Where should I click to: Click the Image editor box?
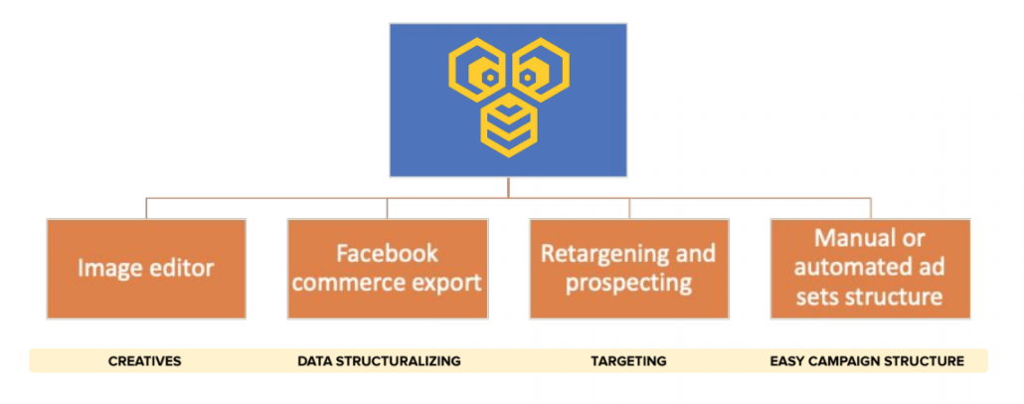point(146,269)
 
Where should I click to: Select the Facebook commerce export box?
point(388,269)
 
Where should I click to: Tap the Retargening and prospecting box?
point(629,269)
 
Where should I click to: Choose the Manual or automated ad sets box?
point(871,269)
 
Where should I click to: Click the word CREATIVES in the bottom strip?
point(145,361)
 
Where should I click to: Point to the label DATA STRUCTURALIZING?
point(380,361)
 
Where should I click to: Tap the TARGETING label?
point(629,361)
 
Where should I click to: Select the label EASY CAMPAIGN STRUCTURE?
point(867,361)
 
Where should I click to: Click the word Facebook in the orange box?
point(388,254)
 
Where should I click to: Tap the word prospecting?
point(629,285)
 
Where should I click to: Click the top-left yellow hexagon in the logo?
point(477,71)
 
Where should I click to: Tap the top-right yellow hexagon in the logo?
point(541,71)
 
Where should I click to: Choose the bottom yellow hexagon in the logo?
point(509,125)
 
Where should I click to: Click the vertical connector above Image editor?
point(146,208)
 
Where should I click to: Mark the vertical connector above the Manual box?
point(871,208)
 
